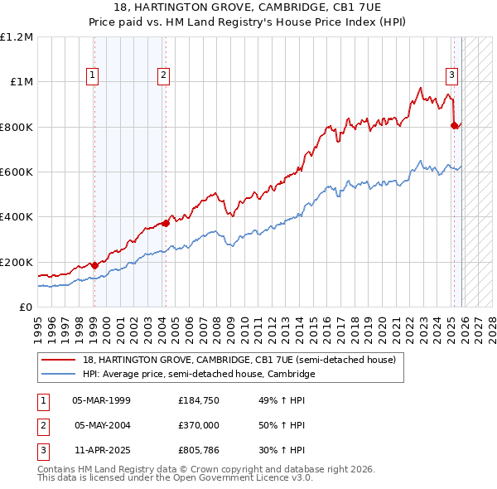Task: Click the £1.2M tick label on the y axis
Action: coord(17,37)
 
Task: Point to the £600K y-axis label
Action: coord(17,172)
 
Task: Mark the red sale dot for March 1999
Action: coord(94,265)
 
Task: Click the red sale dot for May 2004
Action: coord(166,222)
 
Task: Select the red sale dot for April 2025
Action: coord(454,125)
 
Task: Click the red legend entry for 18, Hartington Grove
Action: coord(239,360)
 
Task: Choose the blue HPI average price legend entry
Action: coord(199,375)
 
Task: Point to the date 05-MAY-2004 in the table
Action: coord(102,425)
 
